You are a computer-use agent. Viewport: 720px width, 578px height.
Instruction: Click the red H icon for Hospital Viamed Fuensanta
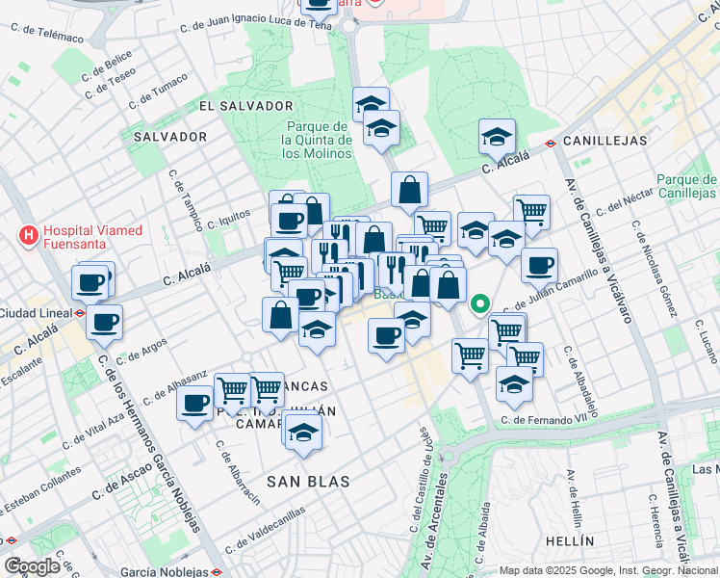pyautogui.click(x=30, y=234)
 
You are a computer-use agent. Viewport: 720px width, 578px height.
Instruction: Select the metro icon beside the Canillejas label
pyautogui.click(x=550, y=143)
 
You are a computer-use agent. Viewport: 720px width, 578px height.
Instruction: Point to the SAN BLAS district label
pyautogui.click(x=307, y=480)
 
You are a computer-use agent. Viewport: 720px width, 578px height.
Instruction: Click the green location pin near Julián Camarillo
pyautogui.click(x=479, y=305)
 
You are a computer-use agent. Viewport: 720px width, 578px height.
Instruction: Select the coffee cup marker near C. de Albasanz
pyautogui.click(x=195, y=403)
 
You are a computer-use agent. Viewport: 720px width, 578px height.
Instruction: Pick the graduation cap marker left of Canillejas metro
pyautogui.click(x=497, y=136)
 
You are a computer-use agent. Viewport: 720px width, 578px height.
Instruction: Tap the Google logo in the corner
pyautogui.click(x=32, y=565)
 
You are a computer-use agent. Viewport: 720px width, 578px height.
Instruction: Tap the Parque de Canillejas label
pyautogui.click(x=687, y=187)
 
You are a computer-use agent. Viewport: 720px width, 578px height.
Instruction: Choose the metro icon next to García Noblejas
pyautogui.click(x=219, y=571)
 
